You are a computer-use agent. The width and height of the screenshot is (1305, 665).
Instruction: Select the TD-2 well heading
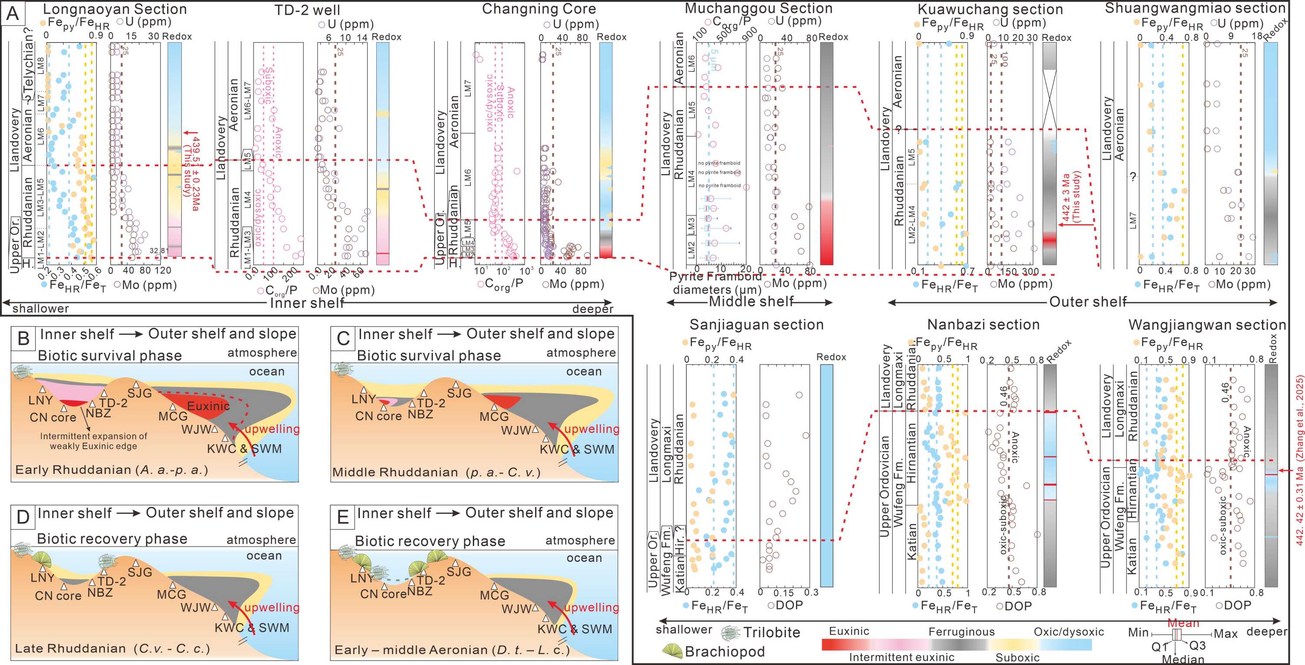[307, 10]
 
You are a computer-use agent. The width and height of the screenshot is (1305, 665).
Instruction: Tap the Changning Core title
[539, 9]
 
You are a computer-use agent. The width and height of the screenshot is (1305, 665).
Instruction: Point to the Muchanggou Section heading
[758, 8]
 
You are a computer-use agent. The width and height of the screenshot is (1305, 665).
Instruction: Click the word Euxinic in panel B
[208, 406]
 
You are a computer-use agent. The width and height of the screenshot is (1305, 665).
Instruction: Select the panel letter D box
[23, 517]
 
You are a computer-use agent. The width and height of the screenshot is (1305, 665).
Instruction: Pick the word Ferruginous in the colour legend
[961, 631]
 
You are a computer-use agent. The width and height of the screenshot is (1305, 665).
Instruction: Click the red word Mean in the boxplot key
[1183, 623]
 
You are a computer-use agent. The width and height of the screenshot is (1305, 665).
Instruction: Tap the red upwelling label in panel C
[591, 429]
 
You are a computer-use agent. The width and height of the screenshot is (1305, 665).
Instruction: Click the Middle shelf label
[751, 302]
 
